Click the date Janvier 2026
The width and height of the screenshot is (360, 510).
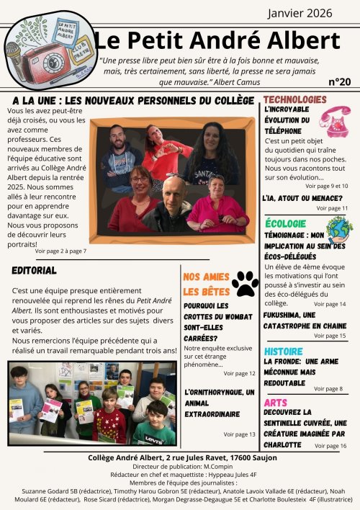[304, 13]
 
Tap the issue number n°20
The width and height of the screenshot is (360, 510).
[339, 81]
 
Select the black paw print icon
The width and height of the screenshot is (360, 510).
[245, 283]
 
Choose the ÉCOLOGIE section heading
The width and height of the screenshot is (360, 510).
[286, 224]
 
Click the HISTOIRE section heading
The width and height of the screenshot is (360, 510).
[284, 351]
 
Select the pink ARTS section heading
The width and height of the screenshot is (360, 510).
[276, 403]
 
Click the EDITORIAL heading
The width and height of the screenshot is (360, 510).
[34, 270]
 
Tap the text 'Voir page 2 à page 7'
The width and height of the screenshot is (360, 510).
[60, 251]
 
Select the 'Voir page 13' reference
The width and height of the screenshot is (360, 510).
[239, 434]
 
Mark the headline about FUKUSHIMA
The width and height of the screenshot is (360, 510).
[305, 321]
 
